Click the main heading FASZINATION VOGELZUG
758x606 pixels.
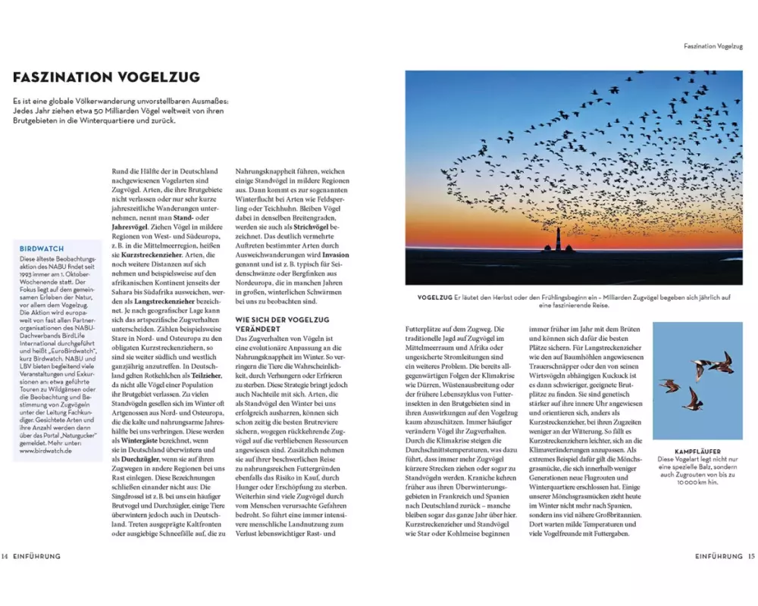(107, 77)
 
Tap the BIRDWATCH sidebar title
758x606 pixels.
(41, 248)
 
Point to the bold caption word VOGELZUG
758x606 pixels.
(430, 298)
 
